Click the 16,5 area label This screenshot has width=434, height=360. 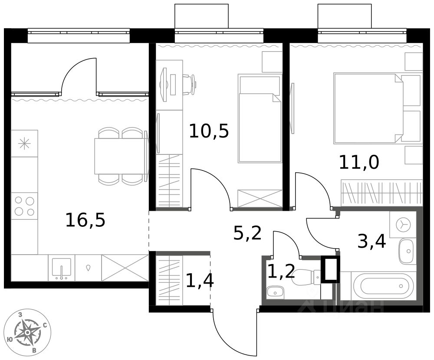click(85, 220)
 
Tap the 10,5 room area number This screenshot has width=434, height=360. click(209, 131)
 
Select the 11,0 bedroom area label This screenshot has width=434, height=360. click(359, 162)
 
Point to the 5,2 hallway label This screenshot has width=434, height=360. click(247, 233)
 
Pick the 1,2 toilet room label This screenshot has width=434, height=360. click(281, 272)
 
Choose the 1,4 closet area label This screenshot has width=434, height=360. click(200, 280)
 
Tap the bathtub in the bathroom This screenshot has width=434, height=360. click(383, 287)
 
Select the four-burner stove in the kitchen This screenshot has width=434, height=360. click(24, 206)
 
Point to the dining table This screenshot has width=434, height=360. click(121, 156)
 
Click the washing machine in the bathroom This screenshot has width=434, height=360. click(403, 224)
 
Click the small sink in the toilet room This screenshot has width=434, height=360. click(275, 292)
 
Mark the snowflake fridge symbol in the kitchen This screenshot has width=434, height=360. click(24, 144)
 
